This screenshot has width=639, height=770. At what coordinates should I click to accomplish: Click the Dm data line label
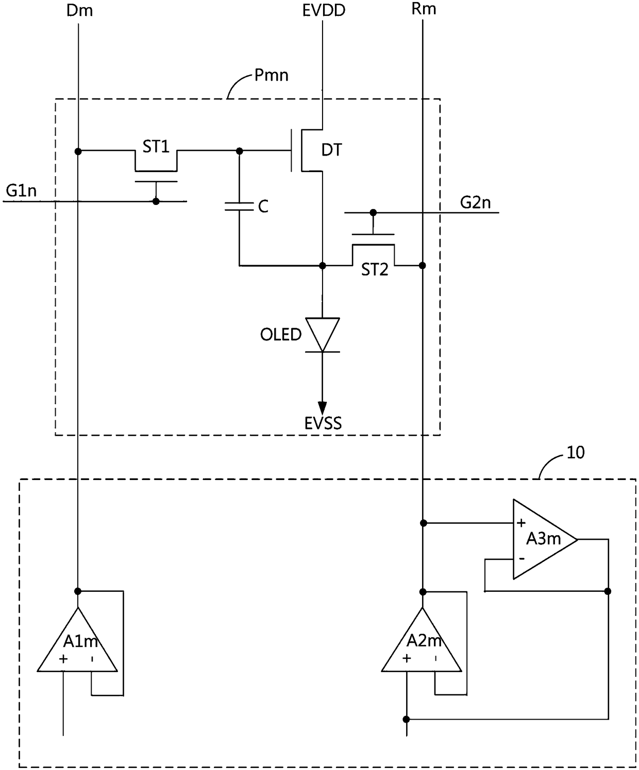[x=79, y=10]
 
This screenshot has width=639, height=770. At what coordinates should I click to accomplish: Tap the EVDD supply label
[x=324, y=10]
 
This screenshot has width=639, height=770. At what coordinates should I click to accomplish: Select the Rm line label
[x=424, y=9]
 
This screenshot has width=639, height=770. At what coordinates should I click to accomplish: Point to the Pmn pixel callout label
[x=271, y=75]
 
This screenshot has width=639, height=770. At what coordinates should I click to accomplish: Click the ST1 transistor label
[x=156, y=147]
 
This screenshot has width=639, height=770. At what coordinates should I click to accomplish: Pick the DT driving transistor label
[x=332, y=150]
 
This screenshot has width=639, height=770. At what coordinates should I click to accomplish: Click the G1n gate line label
[x=21, y=191]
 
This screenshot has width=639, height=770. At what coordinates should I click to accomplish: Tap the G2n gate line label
[x=475, y=202]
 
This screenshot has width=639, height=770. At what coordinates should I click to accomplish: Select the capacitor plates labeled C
[x=239, y=207]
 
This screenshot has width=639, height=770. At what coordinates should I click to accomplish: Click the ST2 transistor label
[x=375, y=270]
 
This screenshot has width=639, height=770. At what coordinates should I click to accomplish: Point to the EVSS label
[x=323, y=423]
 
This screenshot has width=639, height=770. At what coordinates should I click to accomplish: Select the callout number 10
[x=575, y=453]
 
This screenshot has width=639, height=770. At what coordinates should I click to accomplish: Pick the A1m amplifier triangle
[x=77, y=641]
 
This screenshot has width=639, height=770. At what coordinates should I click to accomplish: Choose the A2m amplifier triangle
[x=422, y=641]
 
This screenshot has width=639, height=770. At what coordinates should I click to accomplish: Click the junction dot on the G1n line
[x=156, y=201]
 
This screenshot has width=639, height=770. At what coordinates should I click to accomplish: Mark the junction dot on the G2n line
[x=373, y=212]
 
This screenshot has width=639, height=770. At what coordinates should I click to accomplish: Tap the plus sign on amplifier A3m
[x=521, y=523]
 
